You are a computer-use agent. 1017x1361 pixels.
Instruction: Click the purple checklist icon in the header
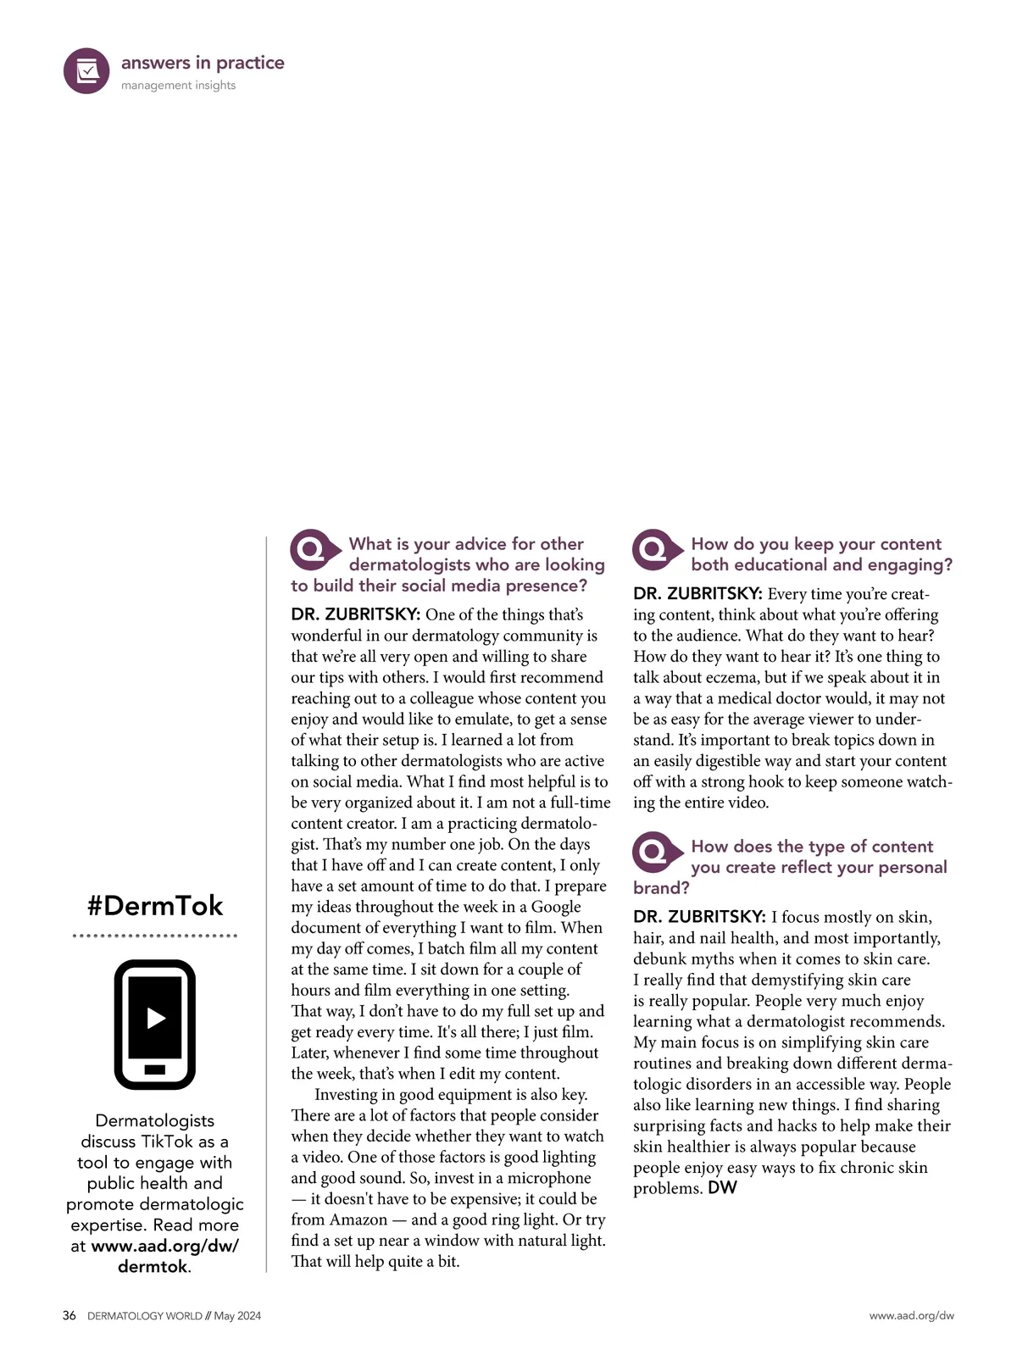(x=86, y=71)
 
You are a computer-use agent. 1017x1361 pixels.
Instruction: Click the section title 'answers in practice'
(x=203, y=63)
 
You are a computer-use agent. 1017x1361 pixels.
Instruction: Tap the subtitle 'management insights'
(x=178, y=86)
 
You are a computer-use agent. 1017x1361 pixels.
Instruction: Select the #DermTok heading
(x=155, y=905)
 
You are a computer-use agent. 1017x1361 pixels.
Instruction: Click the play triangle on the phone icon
(x=155, y=1018)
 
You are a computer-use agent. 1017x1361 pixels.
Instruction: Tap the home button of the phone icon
(x=155, y=1069)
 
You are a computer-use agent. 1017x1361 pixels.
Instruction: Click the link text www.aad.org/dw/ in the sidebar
(x=165, y=1246)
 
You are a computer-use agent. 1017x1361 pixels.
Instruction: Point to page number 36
(x=69, y=1316)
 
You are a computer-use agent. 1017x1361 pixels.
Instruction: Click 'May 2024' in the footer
(x=237, y=1316)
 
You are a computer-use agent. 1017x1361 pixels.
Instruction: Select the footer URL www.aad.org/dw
(x=911, y=1316)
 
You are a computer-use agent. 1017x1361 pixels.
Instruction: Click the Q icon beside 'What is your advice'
(x=314, y=550)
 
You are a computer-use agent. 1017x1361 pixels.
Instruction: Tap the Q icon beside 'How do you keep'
(x=656, y=550)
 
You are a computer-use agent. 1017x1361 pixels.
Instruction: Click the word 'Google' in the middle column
(x=556, y=907)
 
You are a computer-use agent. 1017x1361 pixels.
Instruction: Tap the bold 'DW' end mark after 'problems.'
(x=723, y=1188)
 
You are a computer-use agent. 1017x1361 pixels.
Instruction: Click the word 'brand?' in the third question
(x=661, y=888)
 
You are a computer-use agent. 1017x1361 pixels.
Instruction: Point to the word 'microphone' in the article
(x=549, y=1178)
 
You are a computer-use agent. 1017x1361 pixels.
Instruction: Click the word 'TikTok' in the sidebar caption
(x=167, y=1142)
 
